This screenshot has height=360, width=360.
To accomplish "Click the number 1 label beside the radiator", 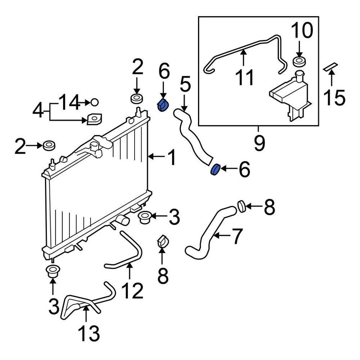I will point(171,157).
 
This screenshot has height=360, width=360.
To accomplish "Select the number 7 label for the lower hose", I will point(236,236).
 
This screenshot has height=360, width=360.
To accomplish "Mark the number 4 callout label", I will point(38,111).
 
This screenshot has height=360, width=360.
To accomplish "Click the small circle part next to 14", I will point(94,102).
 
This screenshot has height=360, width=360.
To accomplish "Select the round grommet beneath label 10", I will point(299,61).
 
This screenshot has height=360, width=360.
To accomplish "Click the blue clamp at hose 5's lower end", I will point(215,169).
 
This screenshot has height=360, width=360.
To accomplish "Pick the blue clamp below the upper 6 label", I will point(163,105).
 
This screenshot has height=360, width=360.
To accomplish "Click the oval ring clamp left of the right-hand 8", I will point(241,206).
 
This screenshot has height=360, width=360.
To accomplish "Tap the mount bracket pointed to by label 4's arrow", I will point(94,120).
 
